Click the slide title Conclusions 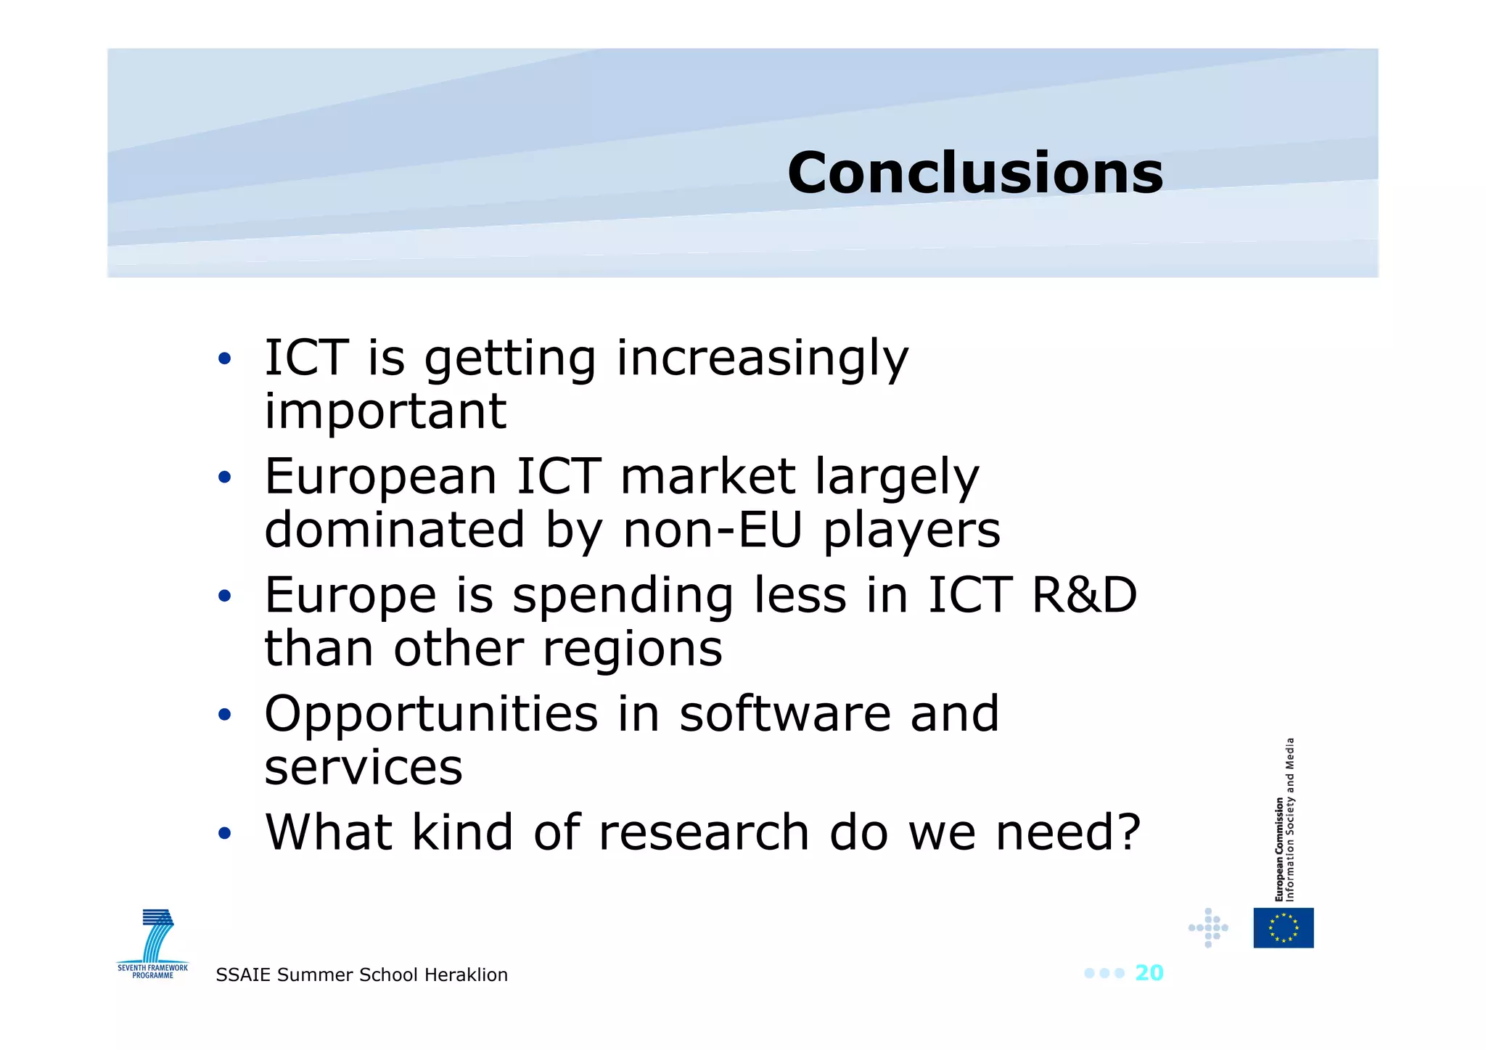[974, 173]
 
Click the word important [385, 411]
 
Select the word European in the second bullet [380, 477]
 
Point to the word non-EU [713, 530]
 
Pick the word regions [632, 649]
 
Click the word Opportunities [431, 715]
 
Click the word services [363, 768]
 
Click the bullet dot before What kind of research [225, 833]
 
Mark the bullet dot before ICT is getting [225, 358]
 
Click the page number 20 [1149, 973]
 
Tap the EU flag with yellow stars [1283, 927]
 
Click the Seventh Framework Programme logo [153, 943]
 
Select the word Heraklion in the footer [466, 975]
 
